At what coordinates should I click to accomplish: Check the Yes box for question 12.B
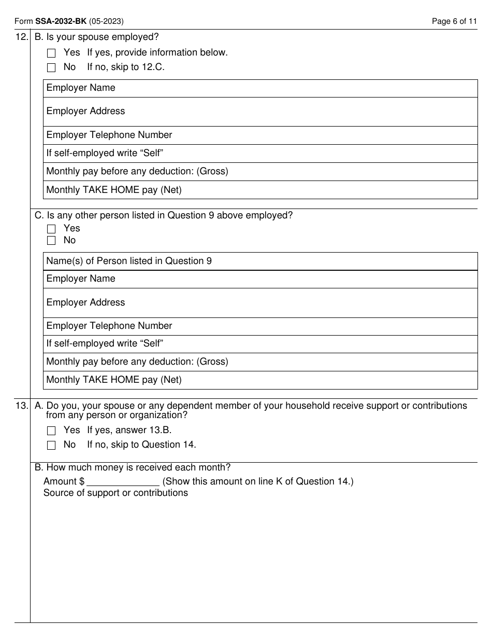(x=51, y=53)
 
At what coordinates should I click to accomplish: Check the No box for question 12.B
(x=51, y=67)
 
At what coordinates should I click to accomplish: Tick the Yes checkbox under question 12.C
(x=51, y=229)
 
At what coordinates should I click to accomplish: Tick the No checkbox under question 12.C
(x=51, y=241)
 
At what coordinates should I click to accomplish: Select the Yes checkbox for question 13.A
(x=51, y=431)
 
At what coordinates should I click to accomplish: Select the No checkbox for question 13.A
(x=51, y=445)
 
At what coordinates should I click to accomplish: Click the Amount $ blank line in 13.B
(x=123, y=482)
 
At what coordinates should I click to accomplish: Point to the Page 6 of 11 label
(x=454, y=21)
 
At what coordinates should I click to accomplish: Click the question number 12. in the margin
(x=22, y=37)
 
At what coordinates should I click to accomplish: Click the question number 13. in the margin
(x=22, y=406)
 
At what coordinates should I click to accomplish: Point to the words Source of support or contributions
(x=115, y=493)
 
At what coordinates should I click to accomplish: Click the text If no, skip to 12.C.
(x=126, y=67)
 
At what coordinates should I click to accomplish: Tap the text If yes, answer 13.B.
(x=129, y=430)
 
